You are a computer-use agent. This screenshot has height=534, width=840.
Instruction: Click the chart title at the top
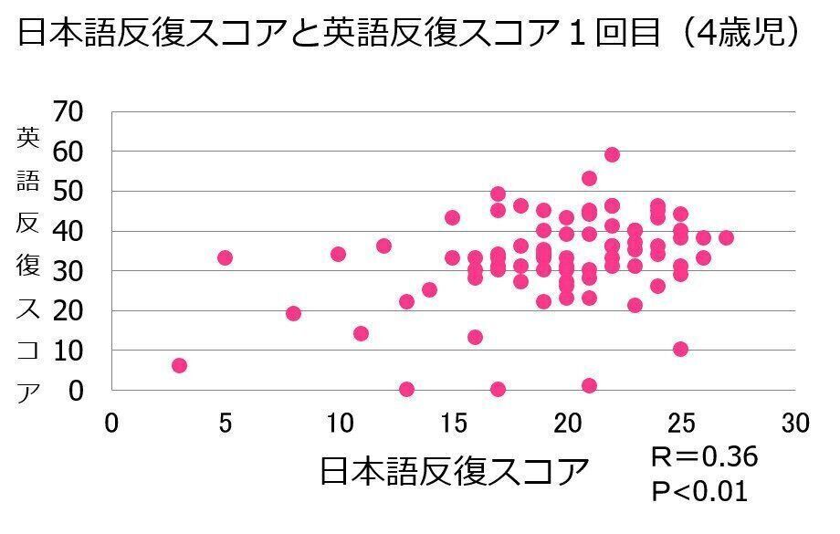point(410,34)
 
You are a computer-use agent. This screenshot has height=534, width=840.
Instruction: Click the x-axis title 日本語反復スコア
point(455,472)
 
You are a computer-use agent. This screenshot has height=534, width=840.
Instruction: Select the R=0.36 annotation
point(703,456)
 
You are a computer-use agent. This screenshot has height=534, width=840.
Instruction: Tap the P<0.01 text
point(699,492)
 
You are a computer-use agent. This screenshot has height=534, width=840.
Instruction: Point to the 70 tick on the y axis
point(69,112)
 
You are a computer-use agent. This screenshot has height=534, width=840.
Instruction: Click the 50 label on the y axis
point(69,192)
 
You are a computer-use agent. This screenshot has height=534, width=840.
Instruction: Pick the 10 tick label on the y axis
point(69,351)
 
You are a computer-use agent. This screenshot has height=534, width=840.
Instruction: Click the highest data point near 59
point(612,155)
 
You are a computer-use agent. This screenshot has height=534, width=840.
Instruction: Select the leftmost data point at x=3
point(179,366)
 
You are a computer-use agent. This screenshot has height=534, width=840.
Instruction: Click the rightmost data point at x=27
point(726,238)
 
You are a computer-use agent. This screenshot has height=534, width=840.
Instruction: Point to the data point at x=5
point(225,258)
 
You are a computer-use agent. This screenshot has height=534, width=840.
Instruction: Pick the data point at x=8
point(293,314)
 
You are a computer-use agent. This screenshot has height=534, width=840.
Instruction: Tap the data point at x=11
point(361,334)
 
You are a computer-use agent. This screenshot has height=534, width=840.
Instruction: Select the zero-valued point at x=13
point(406,390)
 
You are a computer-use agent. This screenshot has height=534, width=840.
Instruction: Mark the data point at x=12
point(383,246)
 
